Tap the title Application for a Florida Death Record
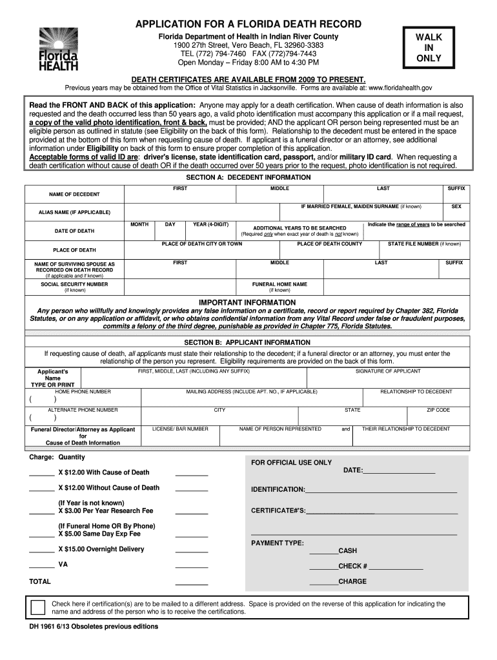pos(249,24)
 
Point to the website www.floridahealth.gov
pos(395,87)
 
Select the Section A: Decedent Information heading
pos(249,177)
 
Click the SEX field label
pos(456,207)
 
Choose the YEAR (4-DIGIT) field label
pos(210,224)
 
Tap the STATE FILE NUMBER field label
pos(424,244)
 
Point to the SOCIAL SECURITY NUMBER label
pos(74,284)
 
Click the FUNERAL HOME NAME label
pos(279,284)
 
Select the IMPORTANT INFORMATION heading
pos(247,302)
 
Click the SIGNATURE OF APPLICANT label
pos(388,371)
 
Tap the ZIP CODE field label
pos(438,410)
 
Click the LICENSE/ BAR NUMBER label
pos(180,429)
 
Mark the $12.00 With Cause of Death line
pos(103,472)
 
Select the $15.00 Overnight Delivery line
pos(101,549)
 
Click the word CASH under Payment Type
pos(347,551)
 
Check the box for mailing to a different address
pos(38,607)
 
